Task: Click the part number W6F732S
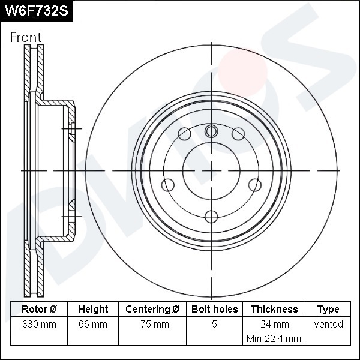tap(37, 11)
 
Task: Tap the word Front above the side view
tap(26, 37)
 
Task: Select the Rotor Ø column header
tap(39, 309)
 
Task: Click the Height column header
tap(93, 309)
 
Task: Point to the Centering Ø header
tap(152, 309)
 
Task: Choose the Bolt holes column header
tap(214, 309)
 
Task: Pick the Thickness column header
tap(274, 309)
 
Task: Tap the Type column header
tap(328, 310)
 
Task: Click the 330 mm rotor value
tap(39, 325)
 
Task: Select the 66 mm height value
tap(93, 325)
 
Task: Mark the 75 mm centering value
tap(155, 325)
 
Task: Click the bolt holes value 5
tap(214, 324)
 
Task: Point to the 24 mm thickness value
tap(275, 325)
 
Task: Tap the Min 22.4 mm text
tap(274, 338)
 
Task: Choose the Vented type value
tap(328, 324)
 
